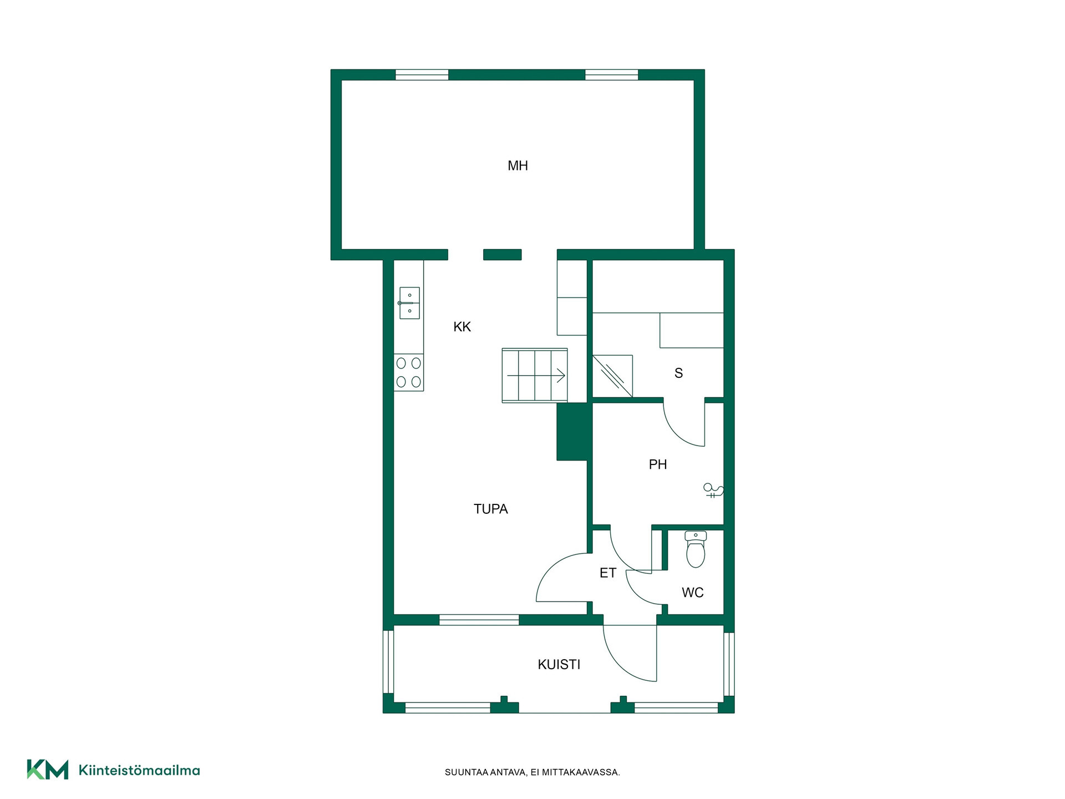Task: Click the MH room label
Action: (518, 165)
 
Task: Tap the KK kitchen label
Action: (462, 327)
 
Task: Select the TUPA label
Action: (490, 509)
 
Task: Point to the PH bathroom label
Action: (658, 464)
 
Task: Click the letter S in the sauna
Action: (678, 373)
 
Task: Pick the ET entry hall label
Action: (608, 573)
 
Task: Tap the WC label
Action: (693, 593)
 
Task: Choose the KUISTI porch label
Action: (559, 664)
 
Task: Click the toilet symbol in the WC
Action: (696, 549)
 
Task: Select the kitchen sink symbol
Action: (409, 303)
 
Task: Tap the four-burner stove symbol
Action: (409, 372)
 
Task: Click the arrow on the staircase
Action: (536, 376)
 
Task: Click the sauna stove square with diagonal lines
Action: (612, 376)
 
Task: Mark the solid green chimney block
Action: (572, 432)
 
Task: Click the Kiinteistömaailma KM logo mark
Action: (48, 770)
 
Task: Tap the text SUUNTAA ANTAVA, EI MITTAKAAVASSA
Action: (532, 772)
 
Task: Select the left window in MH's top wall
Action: (422, 75)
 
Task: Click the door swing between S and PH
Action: (684, 424)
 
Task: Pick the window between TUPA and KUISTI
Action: (479, 620)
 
